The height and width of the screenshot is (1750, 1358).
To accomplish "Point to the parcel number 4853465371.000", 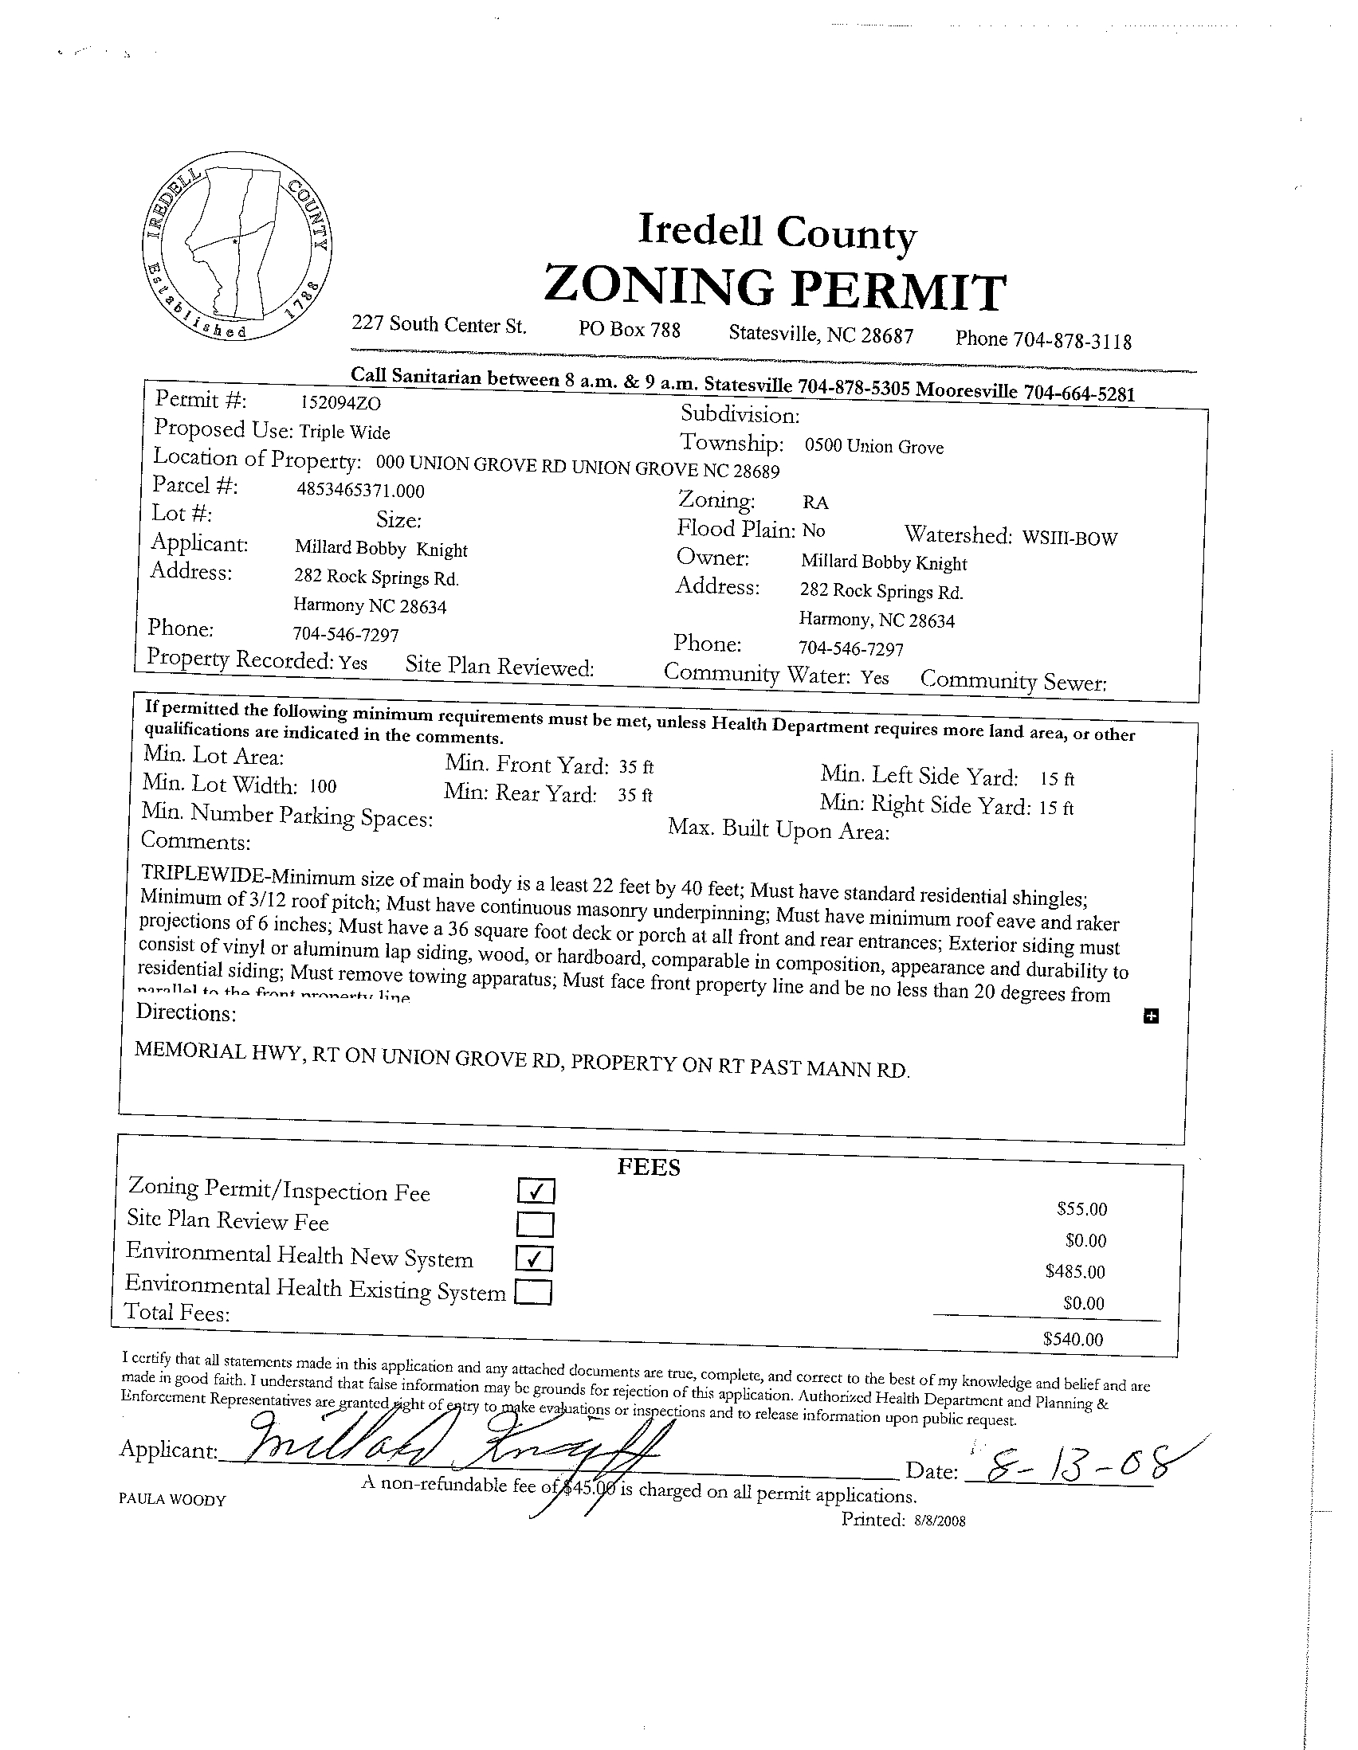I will tap(360, 491).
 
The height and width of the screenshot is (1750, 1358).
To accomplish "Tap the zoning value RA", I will tap(815, 503).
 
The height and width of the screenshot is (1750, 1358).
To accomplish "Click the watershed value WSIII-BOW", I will tap(1070, 538).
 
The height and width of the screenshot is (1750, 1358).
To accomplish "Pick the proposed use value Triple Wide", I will tap(345, 433).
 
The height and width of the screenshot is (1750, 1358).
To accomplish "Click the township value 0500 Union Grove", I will tap(873, 447).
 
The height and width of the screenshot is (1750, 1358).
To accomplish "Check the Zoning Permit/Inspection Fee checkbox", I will tap(536, 1192).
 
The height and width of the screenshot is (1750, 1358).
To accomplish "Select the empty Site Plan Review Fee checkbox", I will tap(535, 1224).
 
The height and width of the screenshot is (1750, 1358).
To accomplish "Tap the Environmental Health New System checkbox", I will tap(534, 1259).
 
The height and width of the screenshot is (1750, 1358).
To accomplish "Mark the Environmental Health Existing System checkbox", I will tap(533, 1293).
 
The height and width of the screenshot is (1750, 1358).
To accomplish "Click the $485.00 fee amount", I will tap(1075, 1271).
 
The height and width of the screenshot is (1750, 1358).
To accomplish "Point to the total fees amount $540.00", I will tap(1073, 1339).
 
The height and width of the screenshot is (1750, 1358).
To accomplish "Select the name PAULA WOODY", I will tap(172, 1499).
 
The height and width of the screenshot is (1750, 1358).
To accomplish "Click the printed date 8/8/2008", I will tap(939, 1521).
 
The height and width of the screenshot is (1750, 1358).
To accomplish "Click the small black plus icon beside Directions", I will tap(1151, 1016).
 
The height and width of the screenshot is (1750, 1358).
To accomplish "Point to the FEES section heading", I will tap(649, 1168).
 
